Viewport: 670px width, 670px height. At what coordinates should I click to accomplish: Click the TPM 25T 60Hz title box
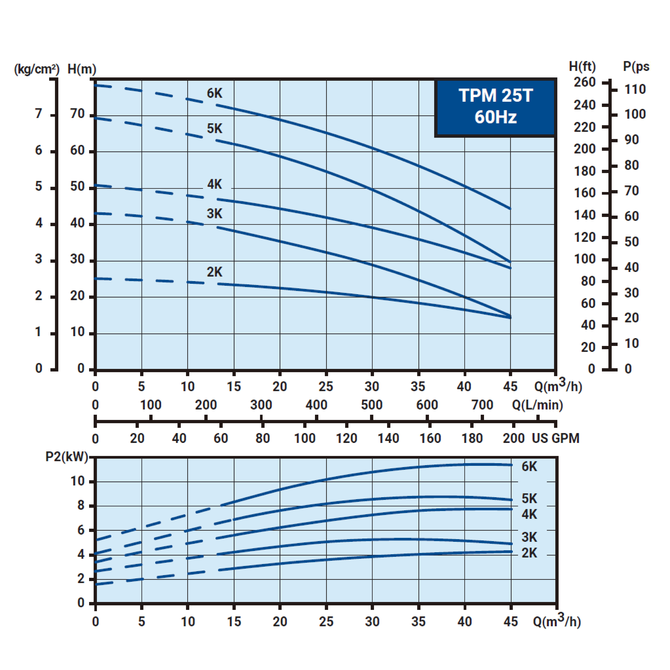(496, 107)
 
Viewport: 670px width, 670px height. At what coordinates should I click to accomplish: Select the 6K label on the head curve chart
(214, 93)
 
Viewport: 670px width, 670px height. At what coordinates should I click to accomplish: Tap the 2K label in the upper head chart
(214, 272)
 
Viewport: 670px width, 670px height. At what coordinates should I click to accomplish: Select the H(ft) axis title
(582, 67)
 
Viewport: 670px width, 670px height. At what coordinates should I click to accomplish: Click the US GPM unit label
(556, 438)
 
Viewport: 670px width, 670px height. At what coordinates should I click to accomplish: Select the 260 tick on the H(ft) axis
(585, 82)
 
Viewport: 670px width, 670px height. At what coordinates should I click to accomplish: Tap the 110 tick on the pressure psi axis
(635, 89)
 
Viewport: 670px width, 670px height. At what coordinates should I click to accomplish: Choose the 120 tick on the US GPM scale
(346, 438)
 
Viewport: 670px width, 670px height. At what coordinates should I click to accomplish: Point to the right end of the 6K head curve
(510, 209)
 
